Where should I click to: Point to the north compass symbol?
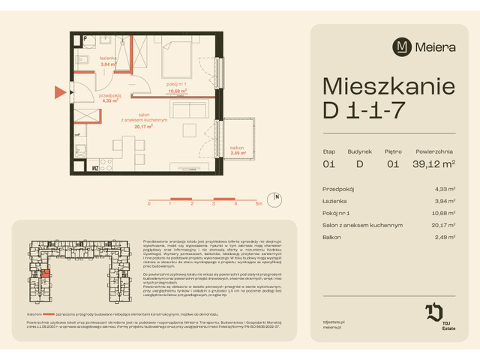(277, 199)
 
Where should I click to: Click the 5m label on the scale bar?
(258, 203)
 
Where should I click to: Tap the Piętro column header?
(394, 151)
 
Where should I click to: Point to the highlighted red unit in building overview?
(45, 274)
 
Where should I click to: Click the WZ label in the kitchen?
(96, 169)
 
